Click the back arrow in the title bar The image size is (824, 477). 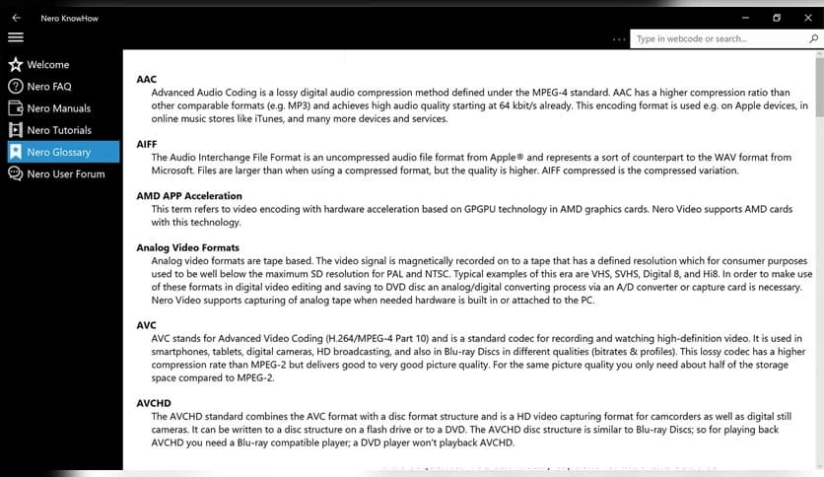tap(16, 18)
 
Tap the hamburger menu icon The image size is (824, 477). tap(16, 37)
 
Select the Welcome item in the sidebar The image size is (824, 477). tap(47, 65)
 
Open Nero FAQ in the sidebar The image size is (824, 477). tap(48, 87)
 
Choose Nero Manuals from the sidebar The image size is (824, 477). tap(58, 108)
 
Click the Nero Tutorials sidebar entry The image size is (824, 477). tap(59, 130)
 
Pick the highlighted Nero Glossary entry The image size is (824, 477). tap(58, 152)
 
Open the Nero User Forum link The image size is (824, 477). tap(65, 173)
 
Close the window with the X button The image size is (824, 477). tap(809, 18)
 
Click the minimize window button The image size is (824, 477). tap(744, 18)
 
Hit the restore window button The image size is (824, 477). tap(777, 18)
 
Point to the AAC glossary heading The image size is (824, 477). tap(147, 79)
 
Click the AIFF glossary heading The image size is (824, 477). tap(147, 144)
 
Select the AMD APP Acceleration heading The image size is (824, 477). tap(189, 196)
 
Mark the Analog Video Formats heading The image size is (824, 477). tap(187, 247)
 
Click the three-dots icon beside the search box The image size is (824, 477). tap(619, 39)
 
